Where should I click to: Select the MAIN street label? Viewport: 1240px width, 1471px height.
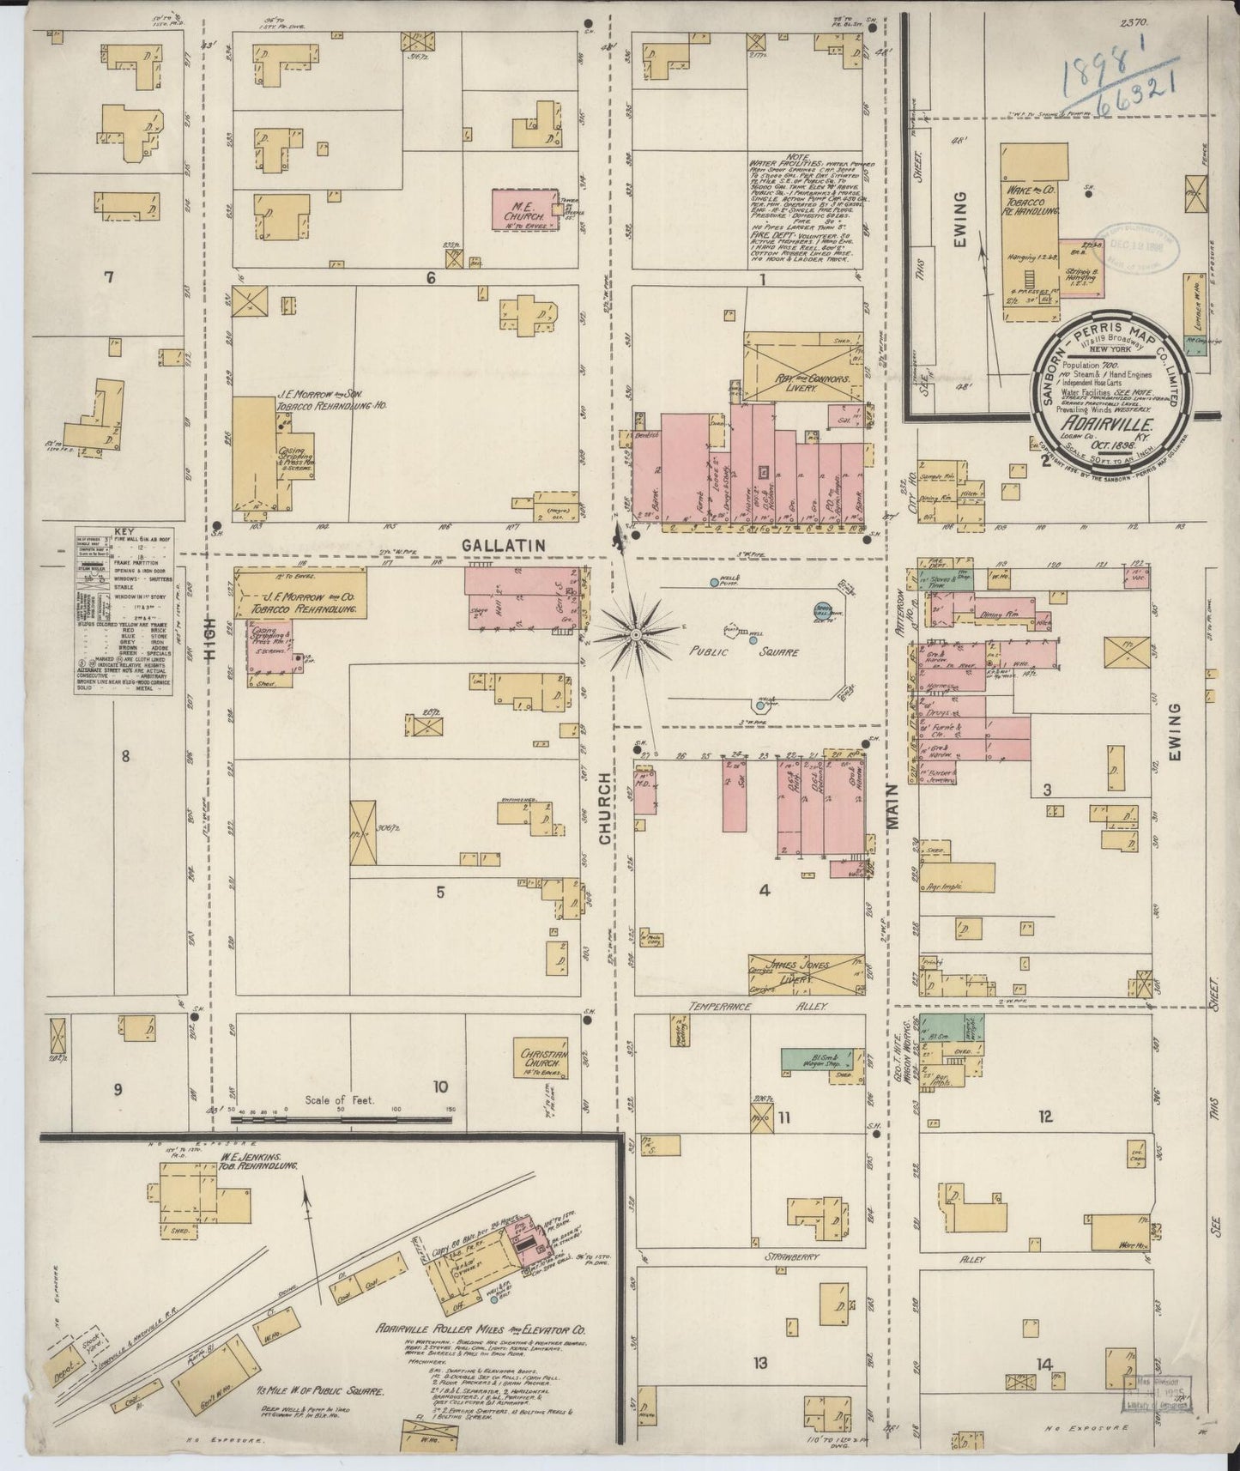coord(892,808)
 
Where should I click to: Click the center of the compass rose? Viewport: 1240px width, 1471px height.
coord(636,634)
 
